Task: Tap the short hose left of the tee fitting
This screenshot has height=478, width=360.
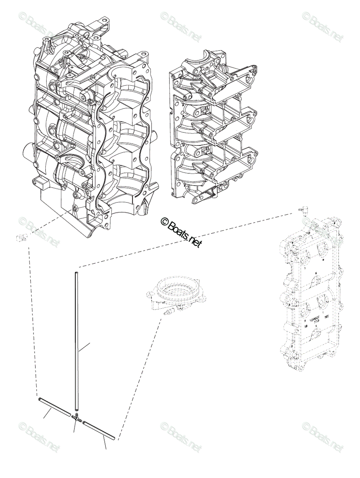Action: click(52, 406)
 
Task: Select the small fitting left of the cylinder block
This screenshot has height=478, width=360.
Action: click(21, 238)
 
